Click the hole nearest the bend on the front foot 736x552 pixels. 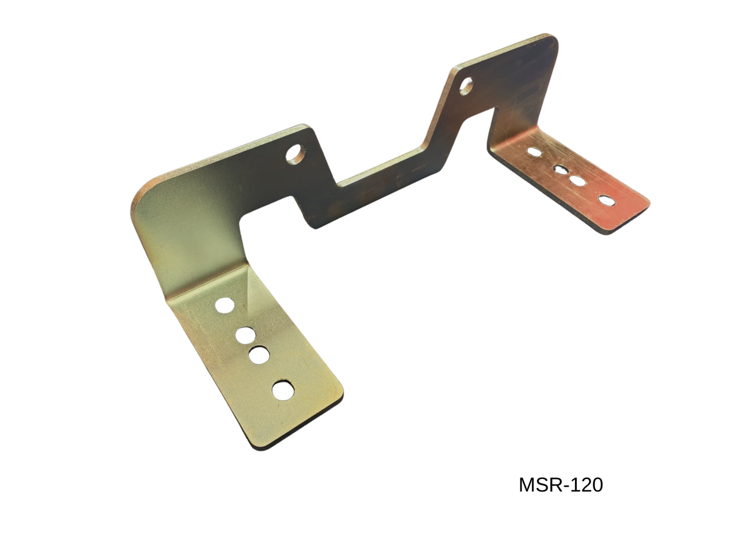[x=225, y=305]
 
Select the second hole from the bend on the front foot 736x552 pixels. [x=246, y=335]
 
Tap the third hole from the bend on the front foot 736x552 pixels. [x=259, y=355]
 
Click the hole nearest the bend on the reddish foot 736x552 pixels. [x=535, y=152]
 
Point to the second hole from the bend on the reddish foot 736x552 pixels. [x=560, y=170]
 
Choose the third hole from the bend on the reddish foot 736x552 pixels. [x=577, y=181]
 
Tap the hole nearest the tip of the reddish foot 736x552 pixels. [x=607, y=201]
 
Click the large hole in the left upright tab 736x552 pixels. [x=296, y=154]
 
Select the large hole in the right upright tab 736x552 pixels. [x=466, y=86]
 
